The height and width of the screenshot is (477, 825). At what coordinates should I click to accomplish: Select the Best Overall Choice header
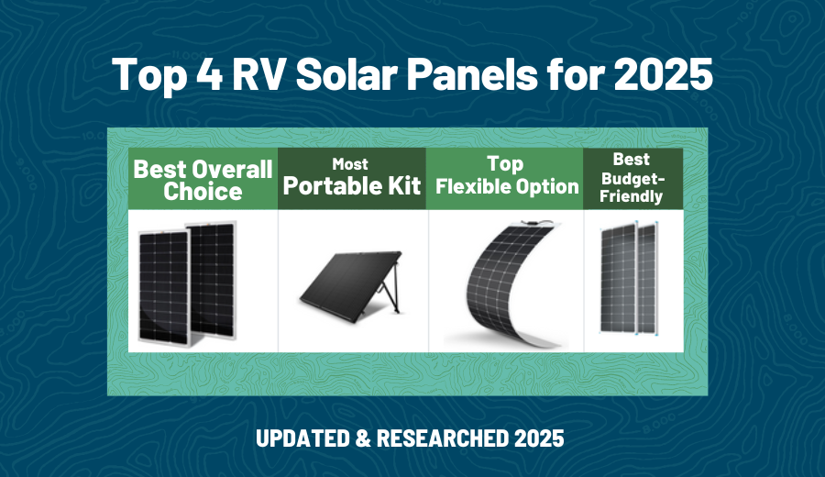(203, 180)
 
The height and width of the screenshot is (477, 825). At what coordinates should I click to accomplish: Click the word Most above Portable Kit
(350, 164)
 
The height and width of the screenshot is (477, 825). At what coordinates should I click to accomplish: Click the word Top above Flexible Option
(505, 164)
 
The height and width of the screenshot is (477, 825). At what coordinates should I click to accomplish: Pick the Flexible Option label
(507, 187)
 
